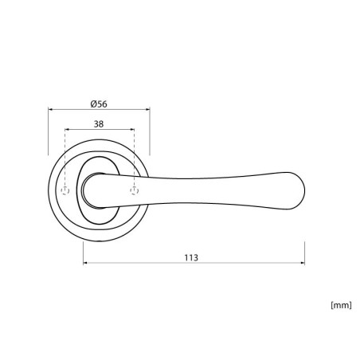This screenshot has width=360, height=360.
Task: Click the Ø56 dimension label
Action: [x=99, y=104]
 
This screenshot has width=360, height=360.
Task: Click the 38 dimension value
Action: [x=99, y=124]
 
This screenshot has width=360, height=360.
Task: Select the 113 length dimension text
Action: [x=191, y=257]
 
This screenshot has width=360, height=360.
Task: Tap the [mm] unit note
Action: [x=341, y=305]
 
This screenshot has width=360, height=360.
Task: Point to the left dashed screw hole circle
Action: [x=65, y=190]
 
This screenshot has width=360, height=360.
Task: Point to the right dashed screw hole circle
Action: [x=135, y=190]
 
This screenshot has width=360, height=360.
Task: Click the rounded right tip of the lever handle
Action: [x=304, y=190]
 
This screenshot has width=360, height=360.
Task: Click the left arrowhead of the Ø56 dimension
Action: [x=50, y=109]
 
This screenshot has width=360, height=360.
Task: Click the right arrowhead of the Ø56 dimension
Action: [x=148, y=109]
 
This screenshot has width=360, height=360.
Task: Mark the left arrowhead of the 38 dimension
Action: [x=67, y=130]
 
